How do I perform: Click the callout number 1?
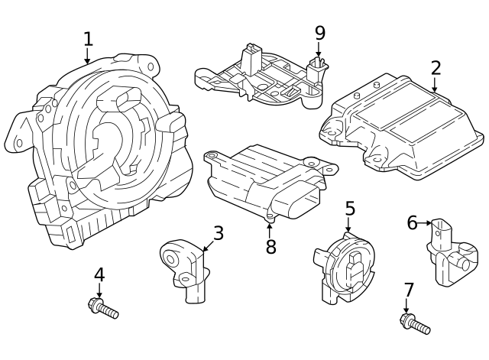(x=88, y=38)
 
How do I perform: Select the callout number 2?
(x=436, y=67)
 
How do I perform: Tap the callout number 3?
(x=219, y=232)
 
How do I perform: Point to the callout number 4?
(x=99, y=274)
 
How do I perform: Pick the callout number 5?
(x=350, y=208)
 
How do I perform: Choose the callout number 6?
(x=412, y=222)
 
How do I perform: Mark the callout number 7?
(x=409, y=290)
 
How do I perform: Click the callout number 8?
(x=270, y=247)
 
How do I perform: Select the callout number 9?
(x=319, y=32)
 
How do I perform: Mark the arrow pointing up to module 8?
(x=270, y=228)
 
